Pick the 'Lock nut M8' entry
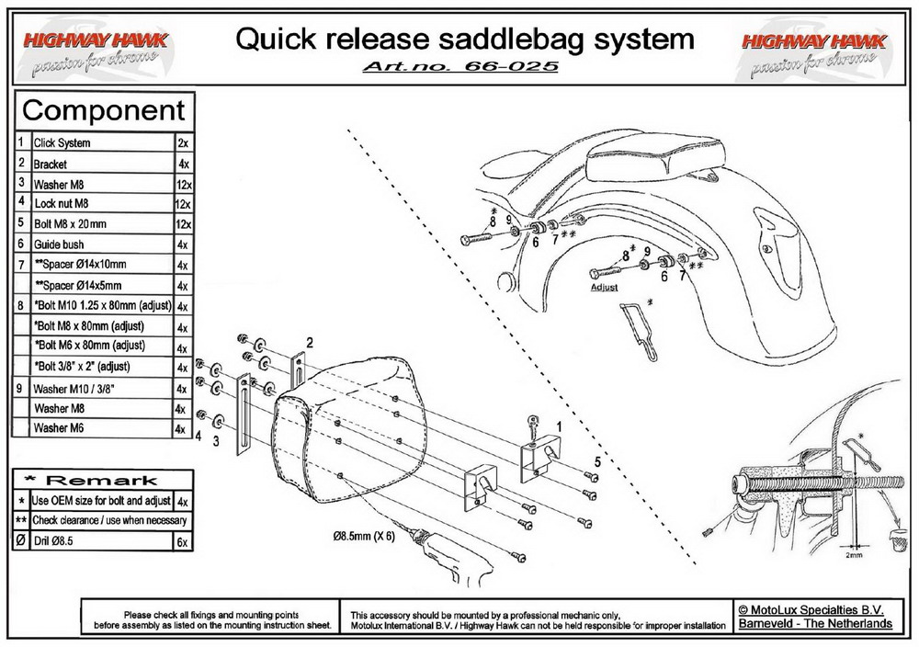62,203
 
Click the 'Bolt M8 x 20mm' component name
70,223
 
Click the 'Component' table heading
103,111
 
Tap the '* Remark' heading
103,480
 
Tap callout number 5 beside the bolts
596,461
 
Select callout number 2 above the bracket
310,342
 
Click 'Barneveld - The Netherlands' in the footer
814,623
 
